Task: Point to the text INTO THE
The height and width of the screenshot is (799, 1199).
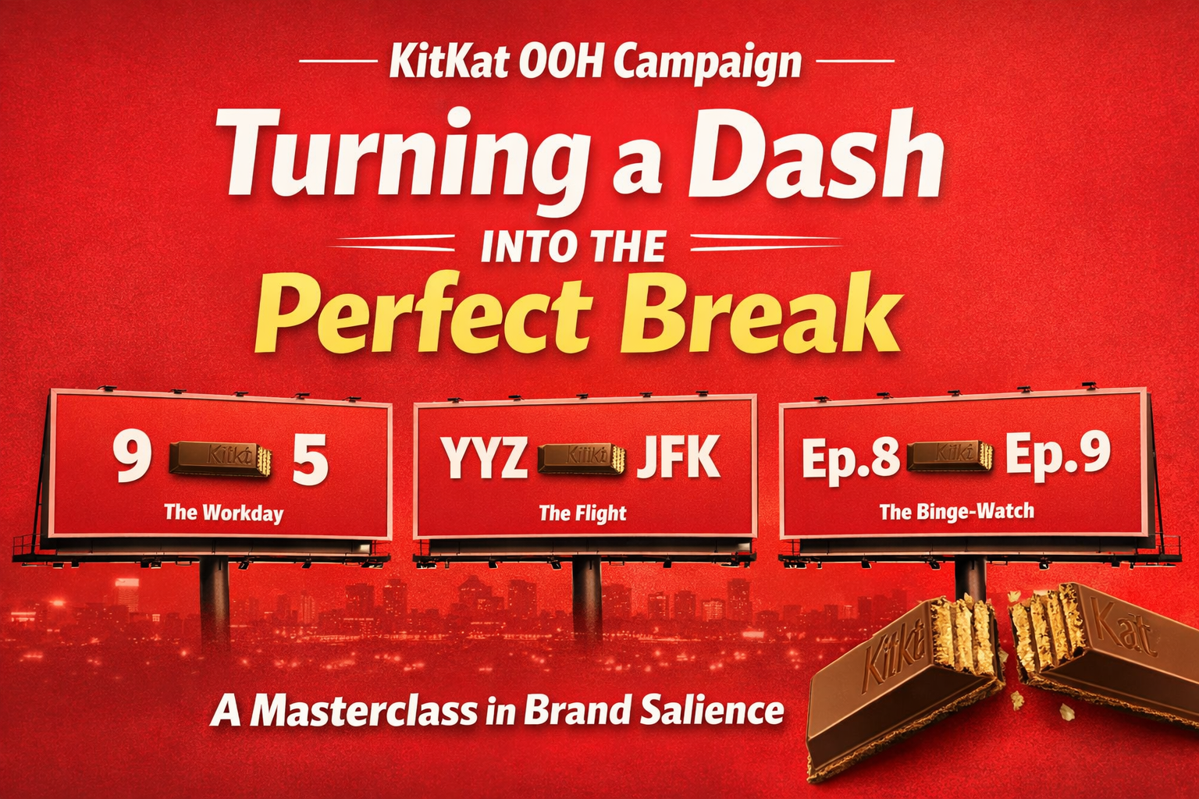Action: [x=574, y=246]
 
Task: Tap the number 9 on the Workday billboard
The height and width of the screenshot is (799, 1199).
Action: [x=130, y=458]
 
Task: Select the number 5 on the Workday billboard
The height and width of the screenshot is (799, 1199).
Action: [x=310, y=460]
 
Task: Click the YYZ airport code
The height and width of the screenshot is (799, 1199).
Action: [x=483, y=458]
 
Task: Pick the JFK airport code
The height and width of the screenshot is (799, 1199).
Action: [x=678, y=458]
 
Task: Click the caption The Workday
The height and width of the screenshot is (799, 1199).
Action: [x=223, y=513]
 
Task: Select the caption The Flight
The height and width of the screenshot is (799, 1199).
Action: [x=582, y=513]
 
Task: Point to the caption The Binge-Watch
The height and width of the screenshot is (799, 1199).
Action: [x=956, y=512]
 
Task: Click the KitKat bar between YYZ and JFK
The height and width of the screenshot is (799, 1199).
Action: [x=582, y=458]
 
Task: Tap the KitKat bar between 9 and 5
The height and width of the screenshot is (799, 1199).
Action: [x=220, y=458]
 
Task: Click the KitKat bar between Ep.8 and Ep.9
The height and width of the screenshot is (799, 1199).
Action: [x=949, y=454]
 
